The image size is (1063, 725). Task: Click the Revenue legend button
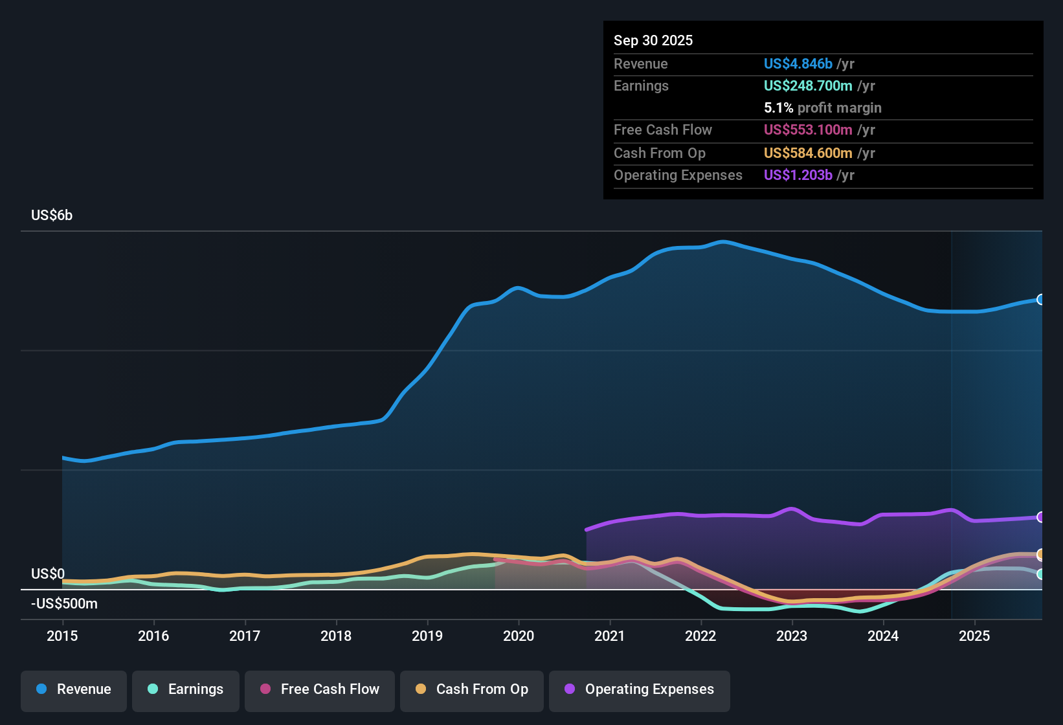pyautogui.click(x=74, y=689)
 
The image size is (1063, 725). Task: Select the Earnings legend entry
pyautogui.click(x=186, y=689)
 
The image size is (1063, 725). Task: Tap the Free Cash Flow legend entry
pyautogui.click(x=320, y=689)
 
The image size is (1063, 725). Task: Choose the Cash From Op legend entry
pyautogui.click(x=472, y=689)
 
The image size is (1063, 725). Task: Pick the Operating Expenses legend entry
pyautogui.click(x=640, y=689)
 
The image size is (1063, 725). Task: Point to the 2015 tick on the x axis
pyautogui.click(x=62, y=636)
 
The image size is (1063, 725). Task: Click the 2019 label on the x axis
pyautogui.click(x=427, y=636)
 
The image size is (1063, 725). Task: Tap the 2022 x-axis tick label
pyautogui.click(x=700, y=636)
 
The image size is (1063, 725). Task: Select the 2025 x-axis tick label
pyautogui.click(x=974, y=636)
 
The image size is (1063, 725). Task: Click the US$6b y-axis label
pyautogui.click(x=52, y=216)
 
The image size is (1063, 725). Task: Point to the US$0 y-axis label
pyautogui.click(x=48, y=574)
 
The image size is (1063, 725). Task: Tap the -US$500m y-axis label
pyautogui.click(x=64, y=604)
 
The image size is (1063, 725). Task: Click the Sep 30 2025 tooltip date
pyautogui.click(x=653, y=41)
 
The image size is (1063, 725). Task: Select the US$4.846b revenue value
pyautogui.click(x=798, y=64)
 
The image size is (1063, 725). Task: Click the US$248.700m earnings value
pyautogui.click(x=808, y=86)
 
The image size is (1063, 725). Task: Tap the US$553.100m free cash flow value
pyautogui.click(x=808, y=130)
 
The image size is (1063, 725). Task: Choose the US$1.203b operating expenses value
pyautogui.click(x=798, y=175)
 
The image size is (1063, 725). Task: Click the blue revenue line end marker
pyautogui.click(x=1040, y=300)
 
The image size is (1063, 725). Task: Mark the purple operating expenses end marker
pyautogui.click(x=1040, y=517)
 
